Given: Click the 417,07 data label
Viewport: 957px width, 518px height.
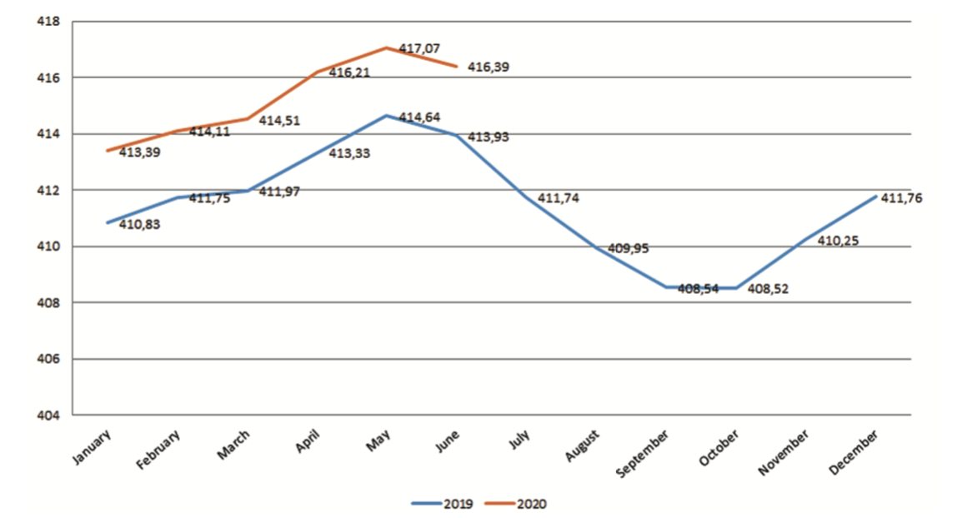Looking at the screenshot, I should (x=419, y=50).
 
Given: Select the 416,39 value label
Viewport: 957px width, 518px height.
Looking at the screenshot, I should (x=489, y=67).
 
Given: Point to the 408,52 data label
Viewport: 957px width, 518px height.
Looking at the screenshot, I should (x=769, y=290).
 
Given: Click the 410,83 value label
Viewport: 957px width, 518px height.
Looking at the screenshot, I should (x=141, y=226).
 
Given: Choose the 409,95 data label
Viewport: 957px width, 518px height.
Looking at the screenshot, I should (x=629, y=248).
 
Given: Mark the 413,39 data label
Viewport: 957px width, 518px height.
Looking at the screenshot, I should (x=141, y=152).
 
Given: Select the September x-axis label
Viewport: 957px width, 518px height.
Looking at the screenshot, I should (x=644, y=453).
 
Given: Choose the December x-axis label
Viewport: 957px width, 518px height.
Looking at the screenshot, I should (x=854, y=452).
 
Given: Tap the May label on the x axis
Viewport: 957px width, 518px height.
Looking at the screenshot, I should (x=377, y=440).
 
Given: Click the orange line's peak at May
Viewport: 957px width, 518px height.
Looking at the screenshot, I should (x=386, y=47).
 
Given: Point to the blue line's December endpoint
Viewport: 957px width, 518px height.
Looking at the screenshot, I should (x=875, y=197).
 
